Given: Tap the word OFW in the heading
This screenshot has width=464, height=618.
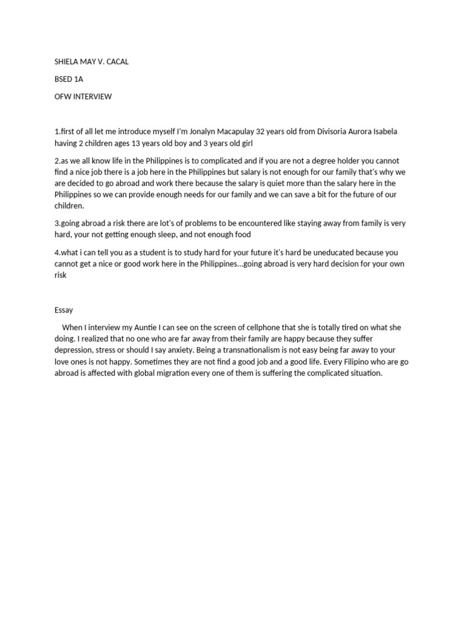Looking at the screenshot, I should point(63,97).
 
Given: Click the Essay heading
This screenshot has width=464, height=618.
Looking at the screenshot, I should point(63,310).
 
